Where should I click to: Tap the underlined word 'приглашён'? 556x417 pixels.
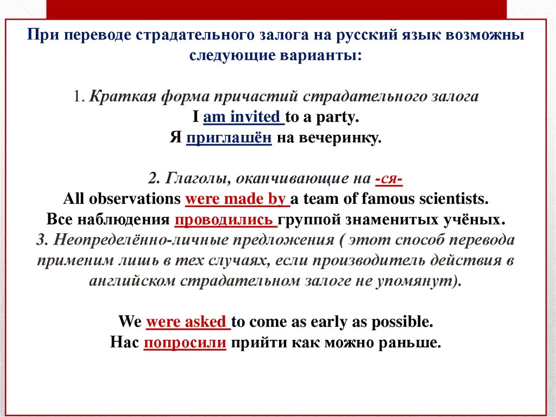pyautogui.click(x=229, y=138)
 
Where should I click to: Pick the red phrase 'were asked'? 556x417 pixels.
pyautogui.click(x=186, y=321)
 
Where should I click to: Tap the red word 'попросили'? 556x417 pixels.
pyautogui.click(x=185, y=343)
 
